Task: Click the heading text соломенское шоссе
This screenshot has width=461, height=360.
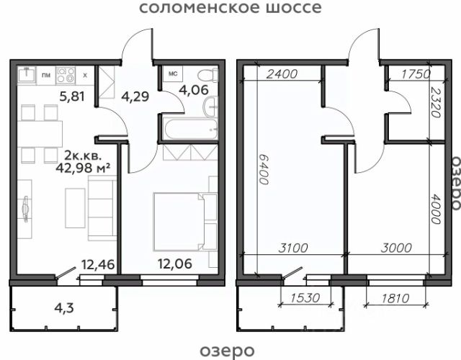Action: [x=230, y=7]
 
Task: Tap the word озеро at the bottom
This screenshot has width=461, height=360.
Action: [x=227, y=351]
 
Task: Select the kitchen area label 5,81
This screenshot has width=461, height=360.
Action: [x=72, y=96]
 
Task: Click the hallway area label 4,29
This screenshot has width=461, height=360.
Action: [x=135, y=96]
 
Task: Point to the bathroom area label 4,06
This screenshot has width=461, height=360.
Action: [x=194, y=90]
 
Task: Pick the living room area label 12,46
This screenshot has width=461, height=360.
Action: [x=98, y=264]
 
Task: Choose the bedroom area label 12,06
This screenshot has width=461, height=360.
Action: [x=175, y=264]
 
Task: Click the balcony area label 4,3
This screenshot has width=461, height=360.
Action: [x=64, y=308]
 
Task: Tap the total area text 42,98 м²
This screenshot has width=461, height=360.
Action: [x=83, y=168]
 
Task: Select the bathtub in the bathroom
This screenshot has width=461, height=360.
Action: [x=191, y=129]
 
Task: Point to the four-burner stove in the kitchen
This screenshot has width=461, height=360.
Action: [x=66, y=75]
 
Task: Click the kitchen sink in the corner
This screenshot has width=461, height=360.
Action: [x=27, y=74]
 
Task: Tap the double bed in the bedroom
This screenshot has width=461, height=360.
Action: [x=179, y=222]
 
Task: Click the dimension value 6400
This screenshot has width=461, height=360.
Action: [x=264, y=170]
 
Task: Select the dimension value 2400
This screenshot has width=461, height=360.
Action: [x=282, y=74]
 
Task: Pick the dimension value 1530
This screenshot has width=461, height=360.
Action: [x=305, y=298]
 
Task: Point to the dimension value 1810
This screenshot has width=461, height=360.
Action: [x=395, y=299]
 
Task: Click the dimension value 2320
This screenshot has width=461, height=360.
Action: [x=435, y=102]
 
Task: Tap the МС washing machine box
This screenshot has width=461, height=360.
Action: [x=173, y=73]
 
